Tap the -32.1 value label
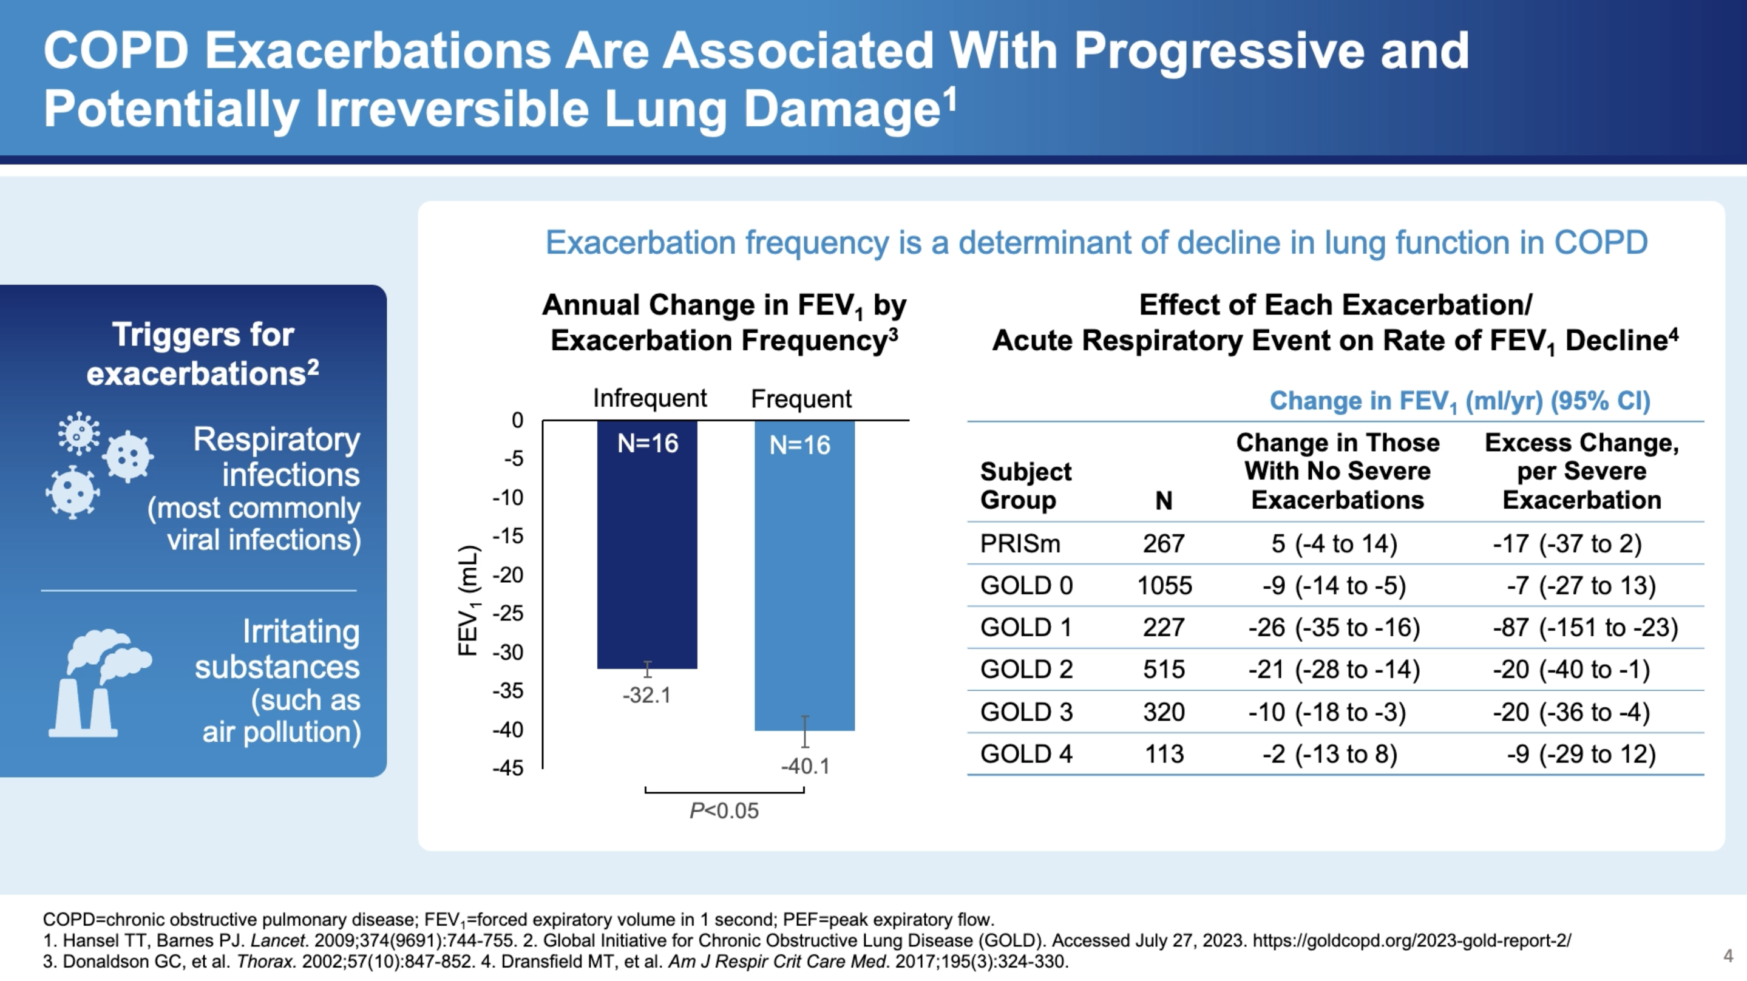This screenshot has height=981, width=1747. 647,696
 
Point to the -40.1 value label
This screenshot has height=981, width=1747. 805,766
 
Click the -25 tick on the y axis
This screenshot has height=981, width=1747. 508,613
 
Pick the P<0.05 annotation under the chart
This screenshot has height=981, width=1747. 724,810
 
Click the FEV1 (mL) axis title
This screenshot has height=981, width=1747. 469,600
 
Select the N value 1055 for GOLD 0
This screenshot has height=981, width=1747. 1164,585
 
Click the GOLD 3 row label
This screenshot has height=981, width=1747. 1026,711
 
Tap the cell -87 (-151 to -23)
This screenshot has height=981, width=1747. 1584,628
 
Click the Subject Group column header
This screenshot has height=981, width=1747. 1025,485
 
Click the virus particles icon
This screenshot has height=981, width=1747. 99,465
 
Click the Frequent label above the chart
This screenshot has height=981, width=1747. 801,399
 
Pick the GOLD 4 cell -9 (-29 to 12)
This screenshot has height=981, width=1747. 1581,754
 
